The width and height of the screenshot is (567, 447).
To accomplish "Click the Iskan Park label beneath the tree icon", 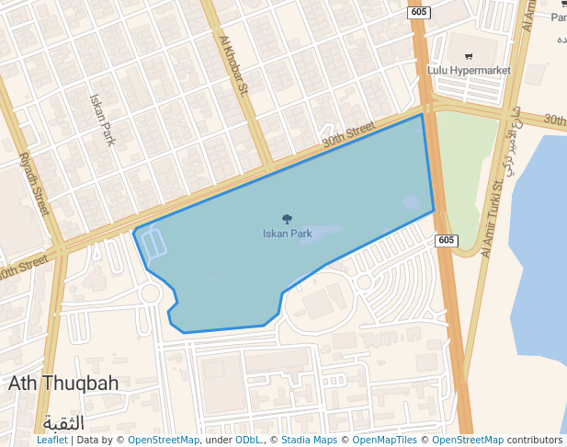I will coord(287,234).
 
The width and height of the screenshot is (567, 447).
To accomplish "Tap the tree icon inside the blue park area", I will coord(287,219).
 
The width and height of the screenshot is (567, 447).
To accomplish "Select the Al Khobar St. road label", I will coord(234,64).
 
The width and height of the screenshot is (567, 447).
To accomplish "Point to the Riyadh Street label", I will coord(34,183).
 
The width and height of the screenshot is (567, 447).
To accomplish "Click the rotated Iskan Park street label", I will coord(102,120).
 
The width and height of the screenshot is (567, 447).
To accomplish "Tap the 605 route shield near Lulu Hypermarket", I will coord(419,12).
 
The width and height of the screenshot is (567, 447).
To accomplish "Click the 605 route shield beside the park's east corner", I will coord(446,240).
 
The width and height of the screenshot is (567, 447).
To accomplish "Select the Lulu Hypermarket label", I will coord(469,70).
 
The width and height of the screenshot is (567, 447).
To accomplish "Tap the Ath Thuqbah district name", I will coord(63,384).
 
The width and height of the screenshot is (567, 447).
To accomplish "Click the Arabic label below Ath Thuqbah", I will coord(63,422).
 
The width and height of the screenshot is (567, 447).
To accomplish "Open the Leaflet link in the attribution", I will coord(51,441).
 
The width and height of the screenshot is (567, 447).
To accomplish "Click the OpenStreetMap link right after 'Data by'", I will coord(164,441).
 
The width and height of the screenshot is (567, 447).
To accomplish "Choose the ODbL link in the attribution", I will coord(248,441).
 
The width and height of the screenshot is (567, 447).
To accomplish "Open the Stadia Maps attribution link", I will coord(308,441).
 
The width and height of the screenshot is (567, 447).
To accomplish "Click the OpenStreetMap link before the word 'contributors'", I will coord(468,441).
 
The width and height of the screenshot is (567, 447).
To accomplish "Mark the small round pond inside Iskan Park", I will coord(411,203).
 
